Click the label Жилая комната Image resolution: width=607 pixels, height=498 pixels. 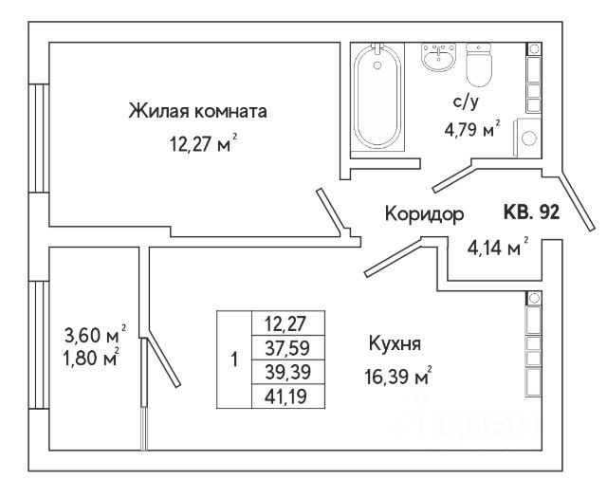[198, 112]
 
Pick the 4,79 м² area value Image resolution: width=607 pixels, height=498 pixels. [470, 132]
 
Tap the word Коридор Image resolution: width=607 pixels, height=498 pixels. [424, 214]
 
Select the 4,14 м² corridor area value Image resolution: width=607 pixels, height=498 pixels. [496, 249]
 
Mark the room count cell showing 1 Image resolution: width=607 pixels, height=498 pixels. [233, 360]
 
